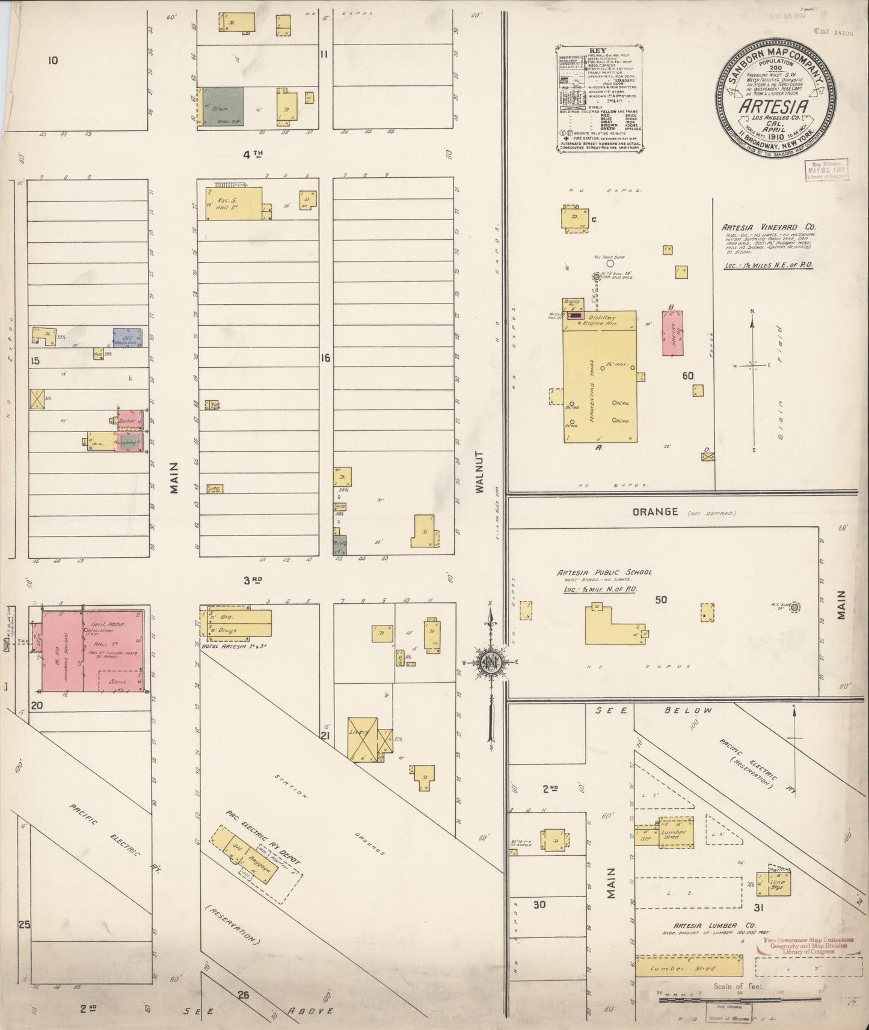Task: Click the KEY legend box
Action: pos(599,99)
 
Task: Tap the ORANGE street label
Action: pos(655,511)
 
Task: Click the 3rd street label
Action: pos(253,581)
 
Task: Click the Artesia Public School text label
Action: pos(603,573)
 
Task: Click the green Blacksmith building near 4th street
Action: pos(223,106)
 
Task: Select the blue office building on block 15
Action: pos(127,338)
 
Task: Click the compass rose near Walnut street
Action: pos(491,662)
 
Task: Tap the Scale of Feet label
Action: pos(737,986)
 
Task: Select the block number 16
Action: pos(325,358)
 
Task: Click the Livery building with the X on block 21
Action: pos(363,740)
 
